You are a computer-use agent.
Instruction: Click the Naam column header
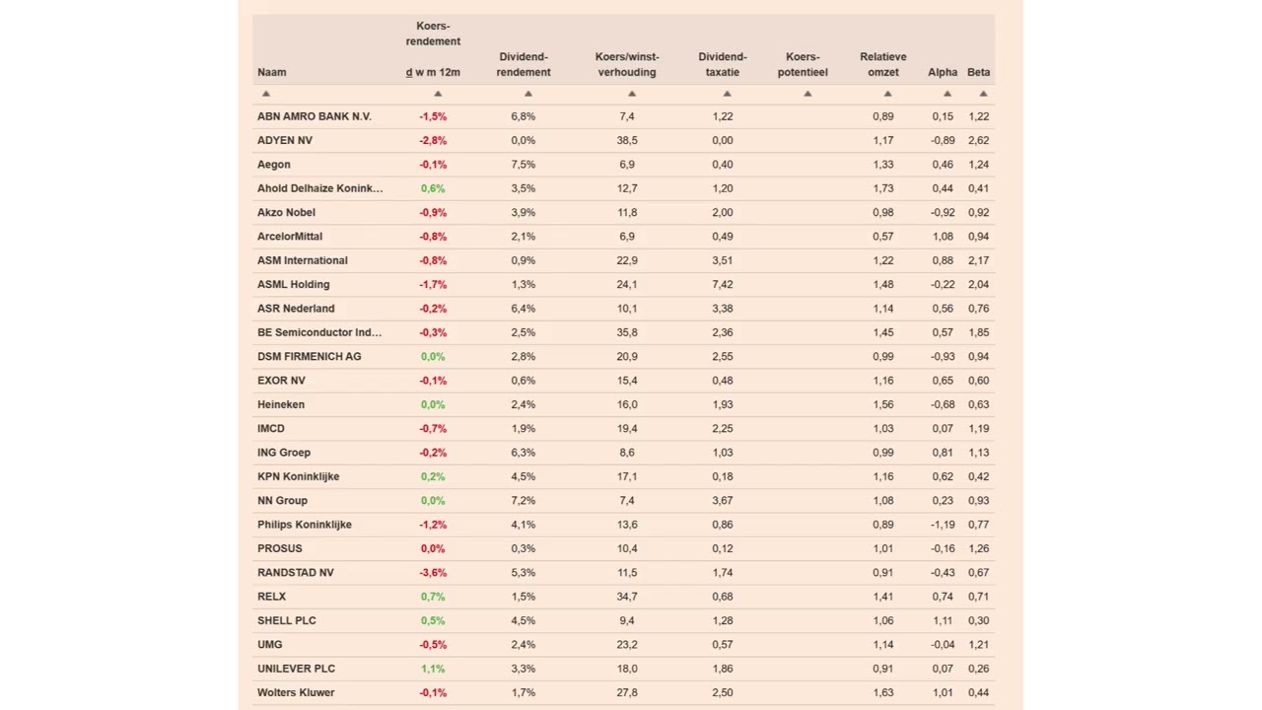click(x=271, y=72)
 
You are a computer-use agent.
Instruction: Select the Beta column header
click(x=978, y=72)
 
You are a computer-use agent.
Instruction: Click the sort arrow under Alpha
click(x=946, y=94)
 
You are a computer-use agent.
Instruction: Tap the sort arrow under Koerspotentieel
click(x=806, y=94)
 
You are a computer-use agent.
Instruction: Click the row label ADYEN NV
click(x=284, y=140)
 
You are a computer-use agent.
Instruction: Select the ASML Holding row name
click(x=293, y=284)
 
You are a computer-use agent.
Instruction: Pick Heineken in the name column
click(x=280, y=404)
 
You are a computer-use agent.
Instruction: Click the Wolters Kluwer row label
click(x=296, y=692)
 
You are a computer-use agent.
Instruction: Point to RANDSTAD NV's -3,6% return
click(x=433, y=572)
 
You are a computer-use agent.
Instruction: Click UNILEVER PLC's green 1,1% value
click(x=433, y=669)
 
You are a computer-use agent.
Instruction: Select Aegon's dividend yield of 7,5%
click(x=523, y=165)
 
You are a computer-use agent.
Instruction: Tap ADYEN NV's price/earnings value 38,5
click(x=627, y=140)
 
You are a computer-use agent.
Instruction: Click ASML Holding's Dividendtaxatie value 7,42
click(x=722, y=284)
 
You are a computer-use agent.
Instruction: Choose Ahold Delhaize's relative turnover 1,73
click(x=882, y=188)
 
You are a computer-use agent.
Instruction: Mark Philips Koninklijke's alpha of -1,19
click(x=942, y=525)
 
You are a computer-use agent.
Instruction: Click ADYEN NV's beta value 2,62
click(x=978, y=140)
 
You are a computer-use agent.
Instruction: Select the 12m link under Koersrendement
click(x=450, y=72)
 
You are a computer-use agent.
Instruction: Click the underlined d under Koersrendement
click(x=409, y=72)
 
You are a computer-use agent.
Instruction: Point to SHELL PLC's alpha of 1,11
click(x=943, y=620)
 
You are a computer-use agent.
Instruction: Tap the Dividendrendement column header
click(x=523, y=64)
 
